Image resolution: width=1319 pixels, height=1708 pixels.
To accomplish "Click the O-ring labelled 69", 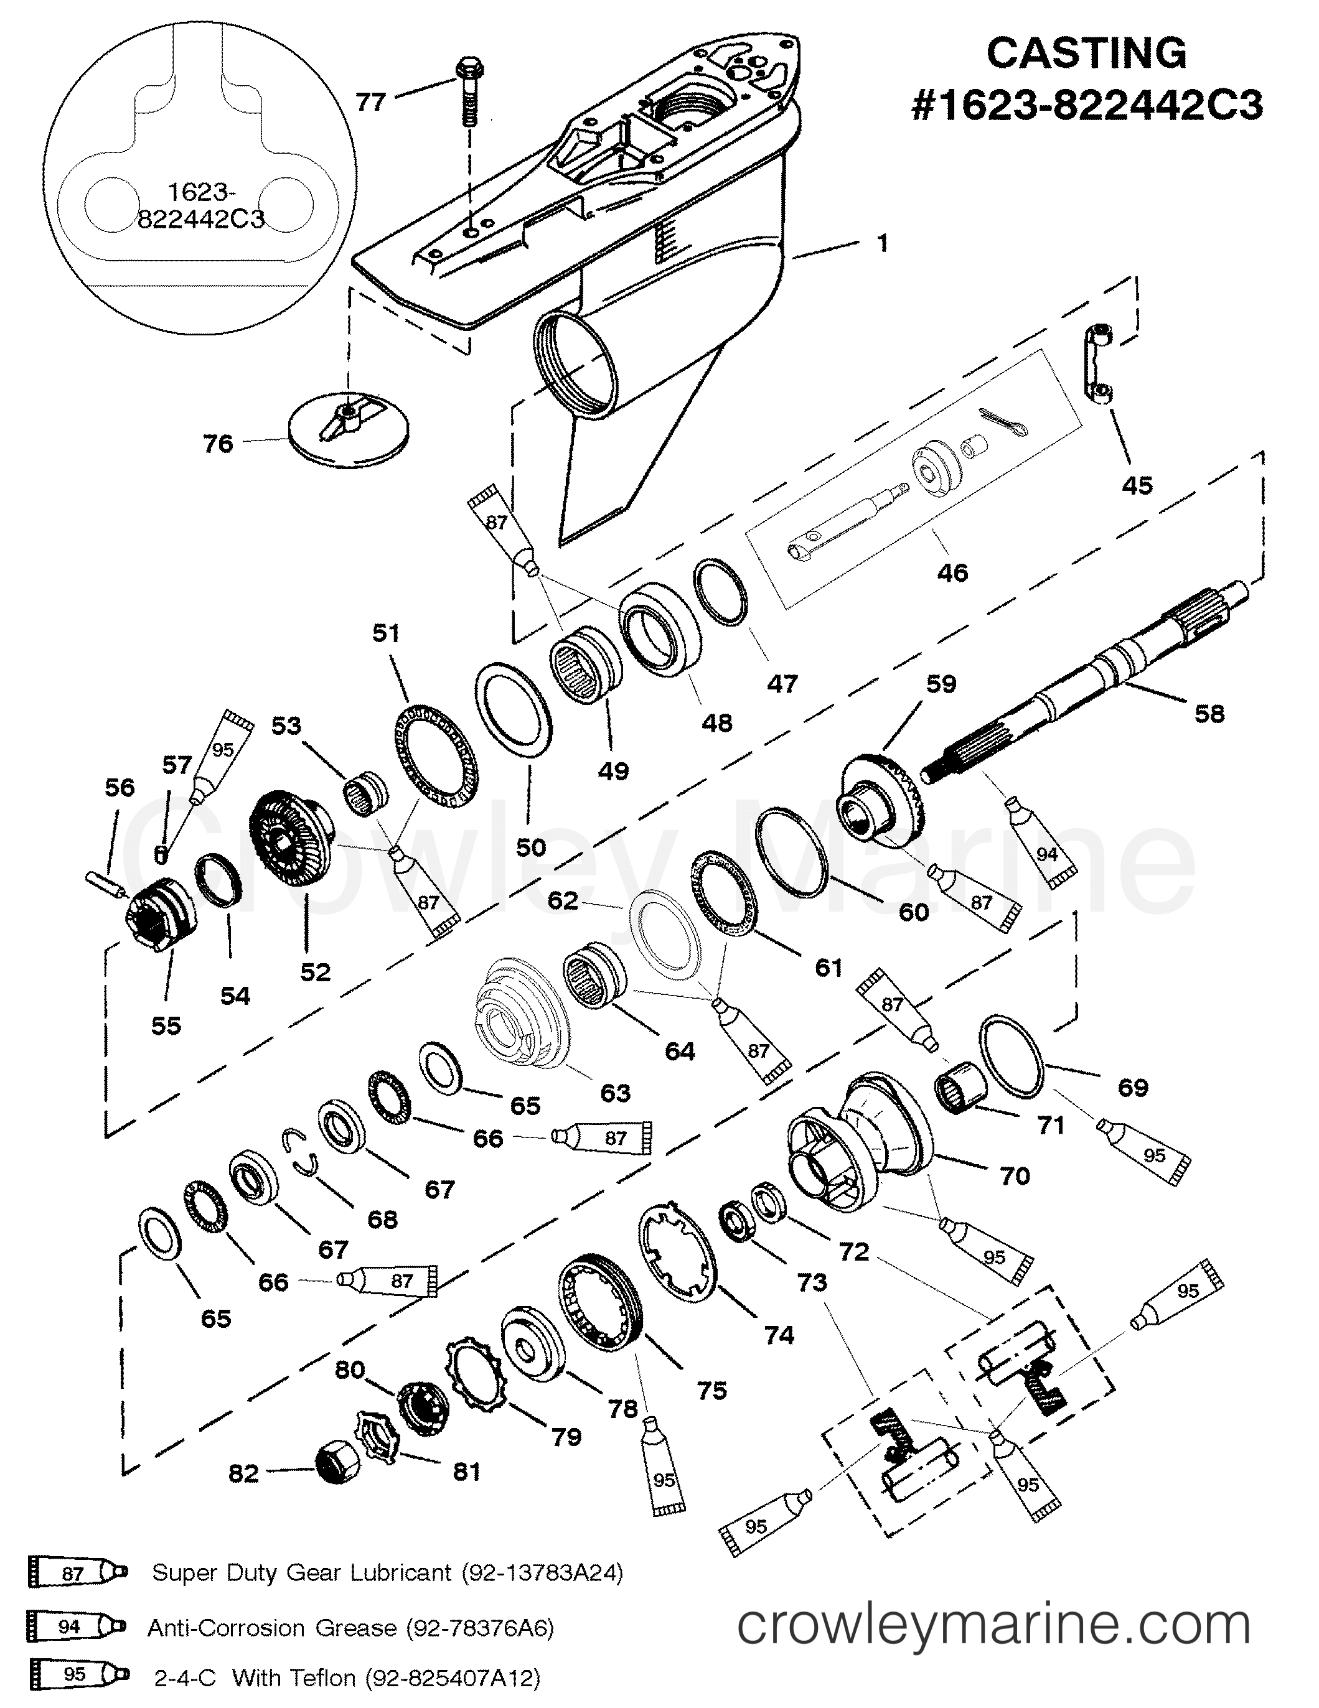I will pos(1012,1057).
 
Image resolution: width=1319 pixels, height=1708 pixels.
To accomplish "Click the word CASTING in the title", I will pos(1087,53).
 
